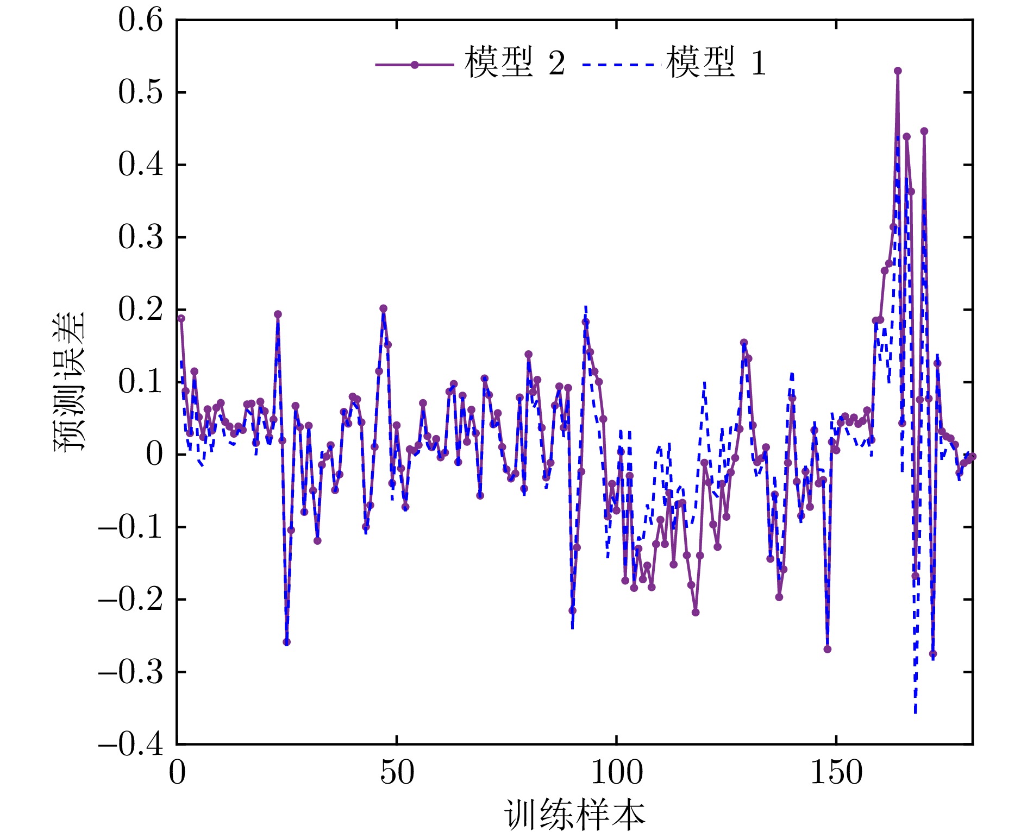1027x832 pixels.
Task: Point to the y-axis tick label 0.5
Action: [x=140, y=92]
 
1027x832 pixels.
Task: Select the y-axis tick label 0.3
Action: [x=140, y=237]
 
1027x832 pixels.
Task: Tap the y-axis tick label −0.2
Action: [x=130, y=600]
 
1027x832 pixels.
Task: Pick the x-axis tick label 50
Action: [x=397, y=772]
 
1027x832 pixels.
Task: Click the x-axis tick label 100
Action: [x=616, y=772]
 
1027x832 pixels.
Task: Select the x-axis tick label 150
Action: [x=836, y=772]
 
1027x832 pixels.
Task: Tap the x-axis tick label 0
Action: [x=177, y=772]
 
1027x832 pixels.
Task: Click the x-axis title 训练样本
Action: [x=574, y=815]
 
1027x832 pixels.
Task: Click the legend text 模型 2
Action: [x=515, y=63]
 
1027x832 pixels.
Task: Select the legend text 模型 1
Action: [x=716, y=63]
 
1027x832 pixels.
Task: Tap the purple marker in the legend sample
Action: [x=415, y=65]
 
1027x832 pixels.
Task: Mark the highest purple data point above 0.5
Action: [x=898, y=71]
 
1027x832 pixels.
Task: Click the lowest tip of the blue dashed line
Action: [x=915, y=713]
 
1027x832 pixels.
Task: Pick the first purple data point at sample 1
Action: [x=181, y=319]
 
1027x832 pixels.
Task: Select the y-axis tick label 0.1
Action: [x=140, y=382]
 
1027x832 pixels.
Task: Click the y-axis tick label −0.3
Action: [x=130, y=672]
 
